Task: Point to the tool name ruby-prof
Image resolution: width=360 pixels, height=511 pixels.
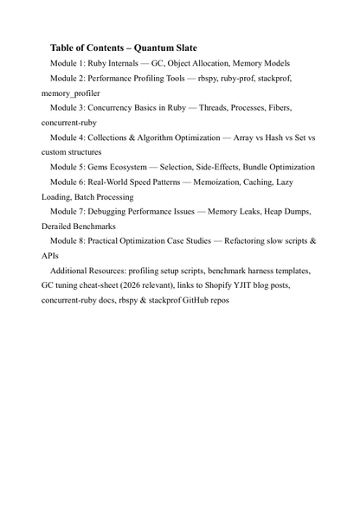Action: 240,78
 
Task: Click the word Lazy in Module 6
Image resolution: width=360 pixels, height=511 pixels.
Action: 299,182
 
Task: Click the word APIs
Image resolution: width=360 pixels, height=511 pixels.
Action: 50,256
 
